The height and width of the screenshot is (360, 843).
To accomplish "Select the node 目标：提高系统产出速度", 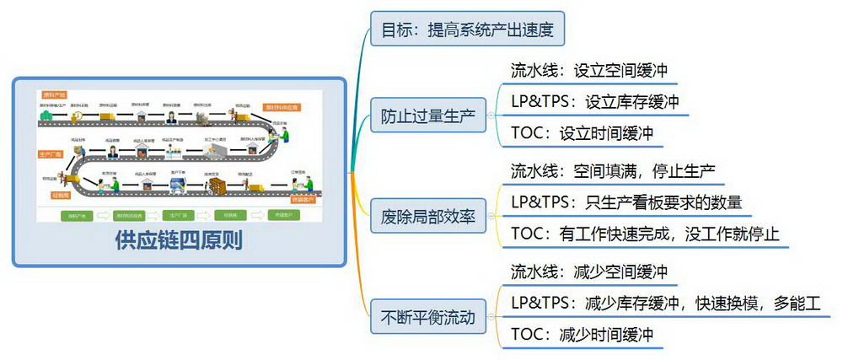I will tap(466, 30).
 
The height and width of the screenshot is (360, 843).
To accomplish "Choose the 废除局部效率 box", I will tap(428, 218).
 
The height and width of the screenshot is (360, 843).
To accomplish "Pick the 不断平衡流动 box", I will tap(428, 318).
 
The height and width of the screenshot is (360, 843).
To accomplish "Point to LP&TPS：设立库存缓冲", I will tap(595, 102).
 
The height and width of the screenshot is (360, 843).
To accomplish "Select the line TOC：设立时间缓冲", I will tap(582, 132).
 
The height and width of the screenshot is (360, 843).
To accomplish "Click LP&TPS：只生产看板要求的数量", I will tap(626, 202).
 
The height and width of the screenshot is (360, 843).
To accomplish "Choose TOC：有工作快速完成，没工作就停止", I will tap(645, 234).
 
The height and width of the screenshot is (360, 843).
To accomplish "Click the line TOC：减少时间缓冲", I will tap(582, 334).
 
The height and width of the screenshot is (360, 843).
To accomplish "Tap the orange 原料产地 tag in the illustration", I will tap(54, 94).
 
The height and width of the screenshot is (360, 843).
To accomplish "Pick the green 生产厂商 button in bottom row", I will tap(178, 215).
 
